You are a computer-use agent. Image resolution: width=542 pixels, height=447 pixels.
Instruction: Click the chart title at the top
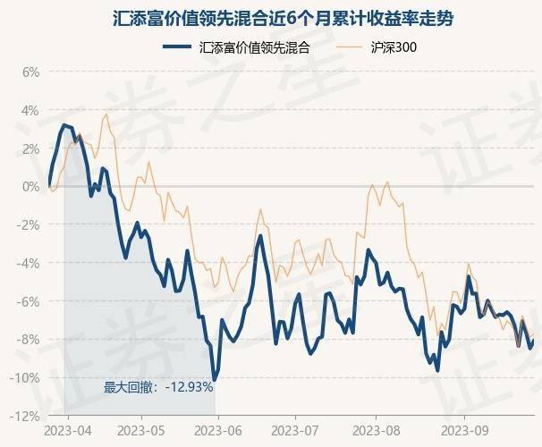pyautogui.click(x=271, y=18)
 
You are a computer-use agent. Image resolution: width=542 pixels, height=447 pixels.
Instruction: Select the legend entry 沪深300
pyautogui.click(x=392, y=48)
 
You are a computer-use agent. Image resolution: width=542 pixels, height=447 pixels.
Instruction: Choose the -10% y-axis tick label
pyautogui.click(x=27, y=378)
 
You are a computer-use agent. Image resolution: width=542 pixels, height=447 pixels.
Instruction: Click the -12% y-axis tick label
pyautogui.click(x=27, y=417)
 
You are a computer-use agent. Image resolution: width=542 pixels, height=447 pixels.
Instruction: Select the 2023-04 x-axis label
pyautogui.click(x=69, y=431)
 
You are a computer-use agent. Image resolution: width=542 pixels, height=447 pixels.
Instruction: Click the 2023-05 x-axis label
pyautogui.click(x=142, y=431)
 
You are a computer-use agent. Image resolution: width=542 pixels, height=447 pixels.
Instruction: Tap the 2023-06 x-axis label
pyautogui.click(x=217, y=431)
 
